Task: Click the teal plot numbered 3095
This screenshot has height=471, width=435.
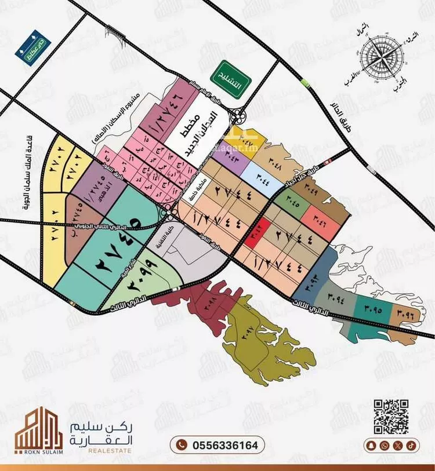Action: coord(372,309)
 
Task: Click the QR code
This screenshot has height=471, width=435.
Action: coord(390,417)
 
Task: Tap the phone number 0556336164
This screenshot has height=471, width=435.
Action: coord(217,445)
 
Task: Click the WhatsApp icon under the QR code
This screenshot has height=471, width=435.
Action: coord(385,446)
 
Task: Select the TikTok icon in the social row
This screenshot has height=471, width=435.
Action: coord(410,446)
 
